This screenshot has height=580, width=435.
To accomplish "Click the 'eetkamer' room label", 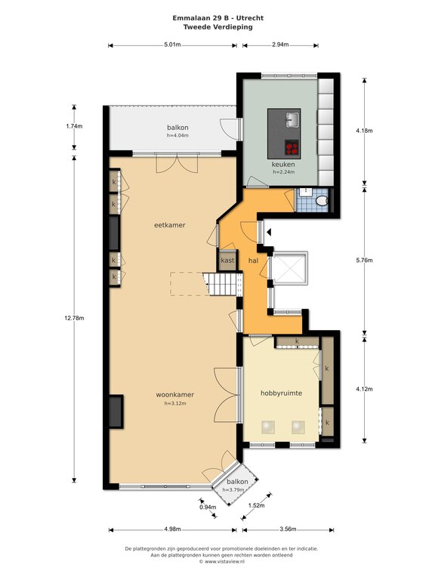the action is tap(169, 225).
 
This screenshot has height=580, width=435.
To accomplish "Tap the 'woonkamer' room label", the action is tap(175, 395).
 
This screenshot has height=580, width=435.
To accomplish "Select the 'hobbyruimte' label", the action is tap(281, 393).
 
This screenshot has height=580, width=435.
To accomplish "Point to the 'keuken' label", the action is tap(283, 164).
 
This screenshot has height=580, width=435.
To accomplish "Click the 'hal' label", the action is tap(253, 261).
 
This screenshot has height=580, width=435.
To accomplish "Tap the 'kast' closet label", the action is tap(227, 261).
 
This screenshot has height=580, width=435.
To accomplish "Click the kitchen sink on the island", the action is tap(292, 119).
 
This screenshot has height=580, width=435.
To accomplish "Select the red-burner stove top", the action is tap(292, 147).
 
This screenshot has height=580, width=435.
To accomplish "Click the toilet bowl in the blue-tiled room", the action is tap(322, 200).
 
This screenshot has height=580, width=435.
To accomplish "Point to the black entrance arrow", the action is tap(270, 233).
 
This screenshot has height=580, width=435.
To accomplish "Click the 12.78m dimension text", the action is tap(74, 318).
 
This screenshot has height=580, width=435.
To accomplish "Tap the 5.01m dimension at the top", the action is tap(172, 45).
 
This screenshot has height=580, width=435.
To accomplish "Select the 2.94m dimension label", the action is tap(280, 45).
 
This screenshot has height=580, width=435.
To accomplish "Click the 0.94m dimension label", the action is tap(208, 507).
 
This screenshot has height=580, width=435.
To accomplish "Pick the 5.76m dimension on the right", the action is tap(364, 260).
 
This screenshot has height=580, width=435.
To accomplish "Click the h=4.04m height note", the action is tap(177, 135).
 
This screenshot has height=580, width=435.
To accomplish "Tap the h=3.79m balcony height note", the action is tap(233, 489).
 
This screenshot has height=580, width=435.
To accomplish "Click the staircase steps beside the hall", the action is tap(222, 284).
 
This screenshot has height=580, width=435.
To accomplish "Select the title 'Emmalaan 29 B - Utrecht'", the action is tap(217, 18).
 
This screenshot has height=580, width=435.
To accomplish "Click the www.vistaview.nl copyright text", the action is tap(222, 561).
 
